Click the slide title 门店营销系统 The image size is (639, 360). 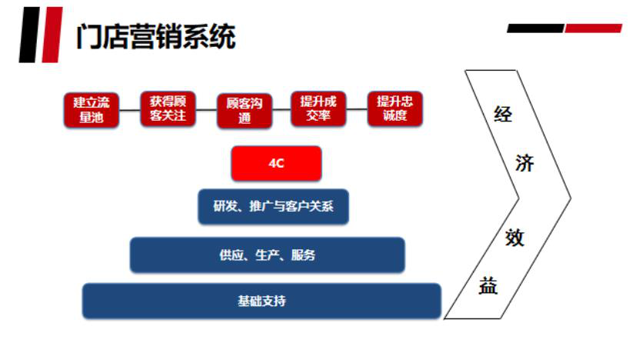click(x=156, y=37)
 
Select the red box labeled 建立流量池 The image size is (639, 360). click(x=92, y=110)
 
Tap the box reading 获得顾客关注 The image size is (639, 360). click(x=168, y=109)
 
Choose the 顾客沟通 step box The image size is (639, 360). click(x=245, y=111)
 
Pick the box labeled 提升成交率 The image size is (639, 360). click(x=318, y=109)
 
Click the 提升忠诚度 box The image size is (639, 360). click(x=395, y=109)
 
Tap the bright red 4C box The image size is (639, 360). click(x=276, y=163)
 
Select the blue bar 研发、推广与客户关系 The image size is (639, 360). click(x=273, y=206)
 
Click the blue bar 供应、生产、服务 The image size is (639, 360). click(x=268, y=255)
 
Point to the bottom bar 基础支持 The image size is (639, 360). click(x=261, y=301)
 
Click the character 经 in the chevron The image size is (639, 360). click(x=502, y=114)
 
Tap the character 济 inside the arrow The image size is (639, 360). click(x=524, y=163)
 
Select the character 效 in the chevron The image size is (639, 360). click(x=514, y=238)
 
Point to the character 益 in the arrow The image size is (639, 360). click(x=488, y=285)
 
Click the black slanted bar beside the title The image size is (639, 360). click(x=29, y=35)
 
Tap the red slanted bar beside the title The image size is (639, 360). click(x=52, y=35)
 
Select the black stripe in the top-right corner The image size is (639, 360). click(x=535, y=28)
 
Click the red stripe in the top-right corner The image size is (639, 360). click(x=594, y=28)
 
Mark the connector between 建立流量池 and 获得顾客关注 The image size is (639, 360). click(x=130, y=110)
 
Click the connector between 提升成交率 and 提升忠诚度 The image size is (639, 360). click(x=357, y=109)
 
